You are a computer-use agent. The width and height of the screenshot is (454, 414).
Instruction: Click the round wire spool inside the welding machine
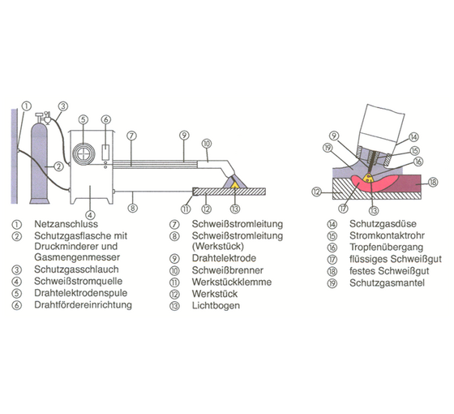[x=84, y=153]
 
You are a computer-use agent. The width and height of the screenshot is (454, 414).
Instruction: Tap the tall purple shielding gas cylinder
[x=40, y=162]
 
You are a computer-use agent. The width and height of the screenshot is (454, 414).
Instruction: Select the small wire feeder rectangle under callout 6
[x=105, y=152]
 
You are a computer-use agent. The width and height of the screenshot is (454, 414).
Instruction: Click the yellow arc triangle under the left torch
[x=235, y=185]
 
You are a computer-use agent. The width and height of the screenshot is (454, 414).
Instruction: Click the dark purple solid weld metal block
[x=409, y=183]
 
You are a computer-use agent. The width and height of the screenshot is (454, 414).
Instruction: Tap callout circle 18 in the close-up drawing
[x=433, y=183]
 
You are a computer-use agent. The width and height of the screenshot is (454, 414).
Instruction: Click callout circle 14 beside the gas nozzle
[x=413, y=137]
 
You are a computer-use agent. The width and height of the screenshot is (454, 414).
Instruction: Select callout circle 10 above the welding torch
[x=207, y=144]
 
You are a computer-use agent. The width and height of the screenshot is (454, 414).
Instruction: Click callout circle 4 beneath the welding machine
[x=90, y=215]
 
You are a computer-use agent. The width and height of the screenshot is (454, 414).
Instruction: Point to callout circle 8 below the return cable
[x=133, y=208]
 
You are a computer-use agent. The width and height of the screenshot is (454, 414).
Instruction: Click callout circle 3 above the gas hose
[x=63, y=106]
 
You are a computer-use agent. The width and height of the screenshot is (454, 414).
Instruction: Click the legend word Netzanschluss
[x=66, y=224]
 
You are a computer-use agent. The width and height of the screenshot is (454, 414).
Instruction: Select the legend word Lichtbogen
[x=216, y=305]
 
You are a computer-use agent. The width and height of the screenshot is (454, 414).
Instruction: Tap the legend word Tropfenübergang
[x=386, y=248]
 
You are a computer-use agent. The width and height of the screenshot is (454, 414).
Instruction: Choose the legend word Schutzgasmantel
[x=387, y=282]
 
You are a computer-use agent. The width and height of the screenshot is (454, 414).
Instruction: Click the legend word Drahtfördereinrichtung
[x=83, y=304]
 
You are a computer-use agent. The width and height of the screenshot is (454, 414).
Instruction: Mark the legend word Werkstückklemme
[x=232, y=282]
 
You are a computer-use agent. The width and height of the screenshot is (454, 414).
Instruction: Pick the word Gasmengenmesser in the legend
[x=77, y=257]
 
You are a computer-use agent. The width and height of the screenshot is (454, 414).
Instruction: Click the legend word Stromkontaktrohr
[x=387, y=235]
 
